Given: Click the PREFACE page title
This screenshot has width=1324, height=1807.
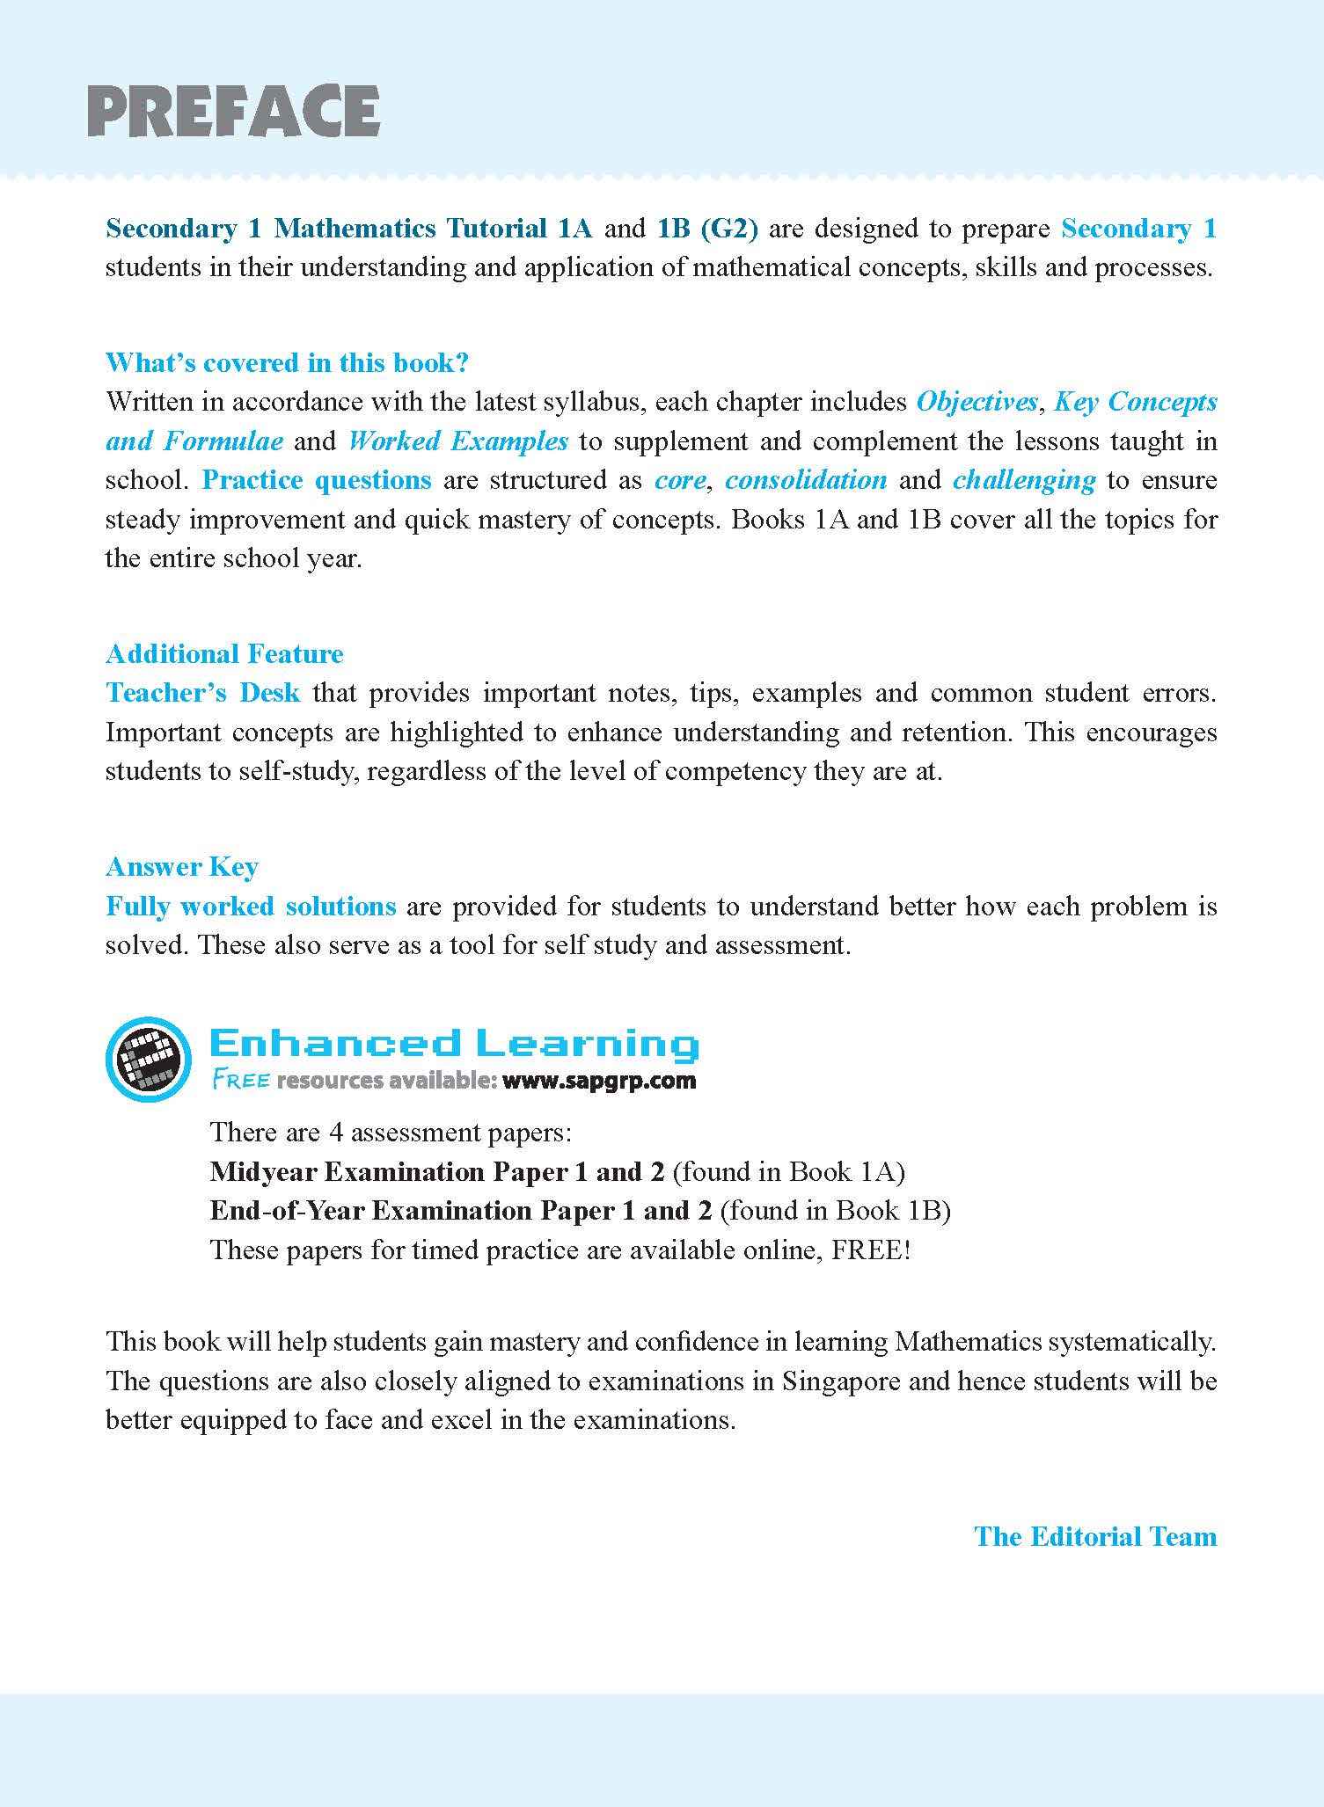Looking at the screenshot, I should tap(233, 112).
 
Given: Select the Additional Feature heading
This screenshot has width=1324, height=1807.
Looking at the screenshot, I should tap(224, 653).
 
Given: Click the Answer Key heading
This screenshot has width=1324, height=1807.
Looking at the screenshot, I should tap(181, 866).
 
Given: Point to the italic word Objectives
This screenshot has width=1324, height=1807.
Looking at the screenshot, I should tap(977, 402).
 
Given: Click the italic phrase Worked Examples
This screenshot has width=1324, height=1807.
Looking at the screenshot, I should tap(457, 441).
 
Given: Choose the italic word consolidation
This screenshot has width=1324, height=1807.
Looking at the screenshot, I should tap(805, 480).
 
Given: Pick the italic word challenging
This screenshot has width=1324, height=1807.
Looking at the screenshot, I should tap(1024, 480).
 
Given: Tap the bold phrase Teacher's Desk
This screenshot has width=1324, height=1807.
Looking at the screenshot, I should tap(202, 693).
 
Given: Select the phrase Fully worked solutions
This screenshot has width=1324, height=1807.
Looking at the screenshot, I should tap(251, 906).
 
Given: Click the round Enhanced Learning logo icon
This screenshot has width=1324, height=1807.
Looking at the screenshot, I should tap(148, 1058).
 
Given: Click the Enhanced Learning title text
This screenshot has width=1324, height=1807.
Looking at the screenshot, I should tap(454, 1044).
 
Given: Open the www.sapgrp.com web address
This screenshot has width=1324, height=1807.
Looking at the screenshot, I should tap(598, 1081).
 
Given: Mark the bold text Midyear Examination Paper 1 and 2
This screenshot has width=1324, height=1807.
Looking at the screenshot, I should tap(439, 1172).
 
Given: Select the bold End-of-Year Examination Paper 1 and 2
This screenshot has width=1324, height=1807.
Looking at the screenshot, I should tap(460, 1211).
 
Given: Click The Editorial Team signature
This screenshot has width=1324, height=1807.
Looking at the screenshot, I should tap(1095, 1536).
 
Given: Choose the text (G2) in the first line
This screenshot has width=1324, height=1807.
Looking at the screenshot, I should tap(729, 229).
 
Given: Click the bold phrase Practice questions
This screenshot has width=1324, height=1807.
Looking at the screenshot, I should tap(317, 480).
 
